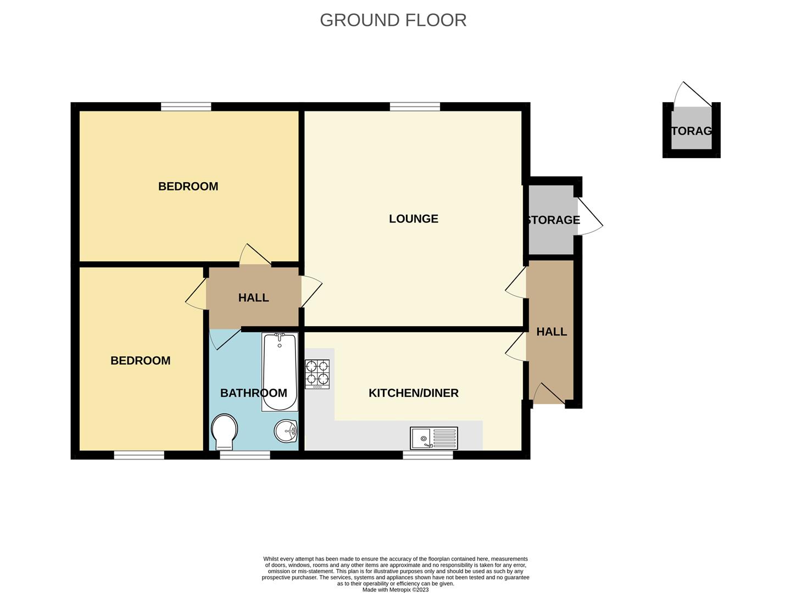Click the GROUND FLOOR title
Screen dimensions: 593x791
393,20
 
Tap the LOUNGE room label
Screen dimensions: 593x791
413,219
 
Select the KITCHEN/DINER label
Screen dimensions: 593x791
413,393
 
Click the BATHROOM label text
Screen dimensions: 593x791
253,393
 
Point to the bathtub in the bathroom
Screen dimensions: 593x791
280,372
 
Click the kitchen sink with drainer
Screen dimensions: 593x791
434,438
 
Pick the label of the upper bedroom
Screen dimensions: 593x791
188,187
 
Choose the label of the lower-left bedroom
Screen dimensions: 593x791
140,361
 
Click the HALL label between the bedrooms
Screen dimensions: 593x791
253,298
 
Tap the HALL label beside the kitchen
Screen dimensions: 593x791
552,332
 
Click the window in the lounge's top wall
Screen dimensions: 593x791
415,107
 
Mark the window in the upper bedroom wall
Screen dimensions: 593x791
186,107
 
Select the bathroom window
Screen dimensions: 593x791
244,455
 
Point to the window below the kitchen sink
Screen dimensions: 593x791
428,455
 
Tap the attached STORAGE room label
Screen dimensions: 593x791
553,220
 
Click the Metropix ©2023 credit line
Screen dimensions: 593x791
396,590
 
